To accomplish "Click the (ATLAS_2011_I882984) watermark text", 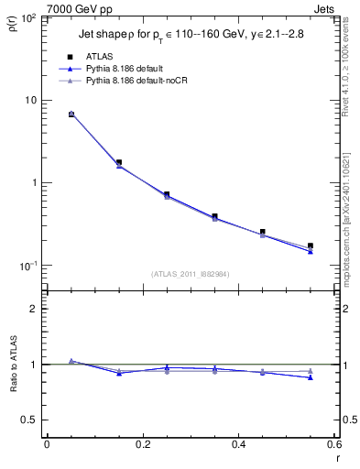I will tap(190, 274).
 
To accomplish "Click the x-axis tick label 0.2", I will tap(143, 444).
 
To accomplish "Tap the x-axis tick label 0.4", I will tap(238, 444).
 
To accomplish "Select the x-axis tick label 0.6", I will tap(333, 444).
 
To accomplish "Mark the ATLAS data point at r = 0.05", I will tap(71, 115).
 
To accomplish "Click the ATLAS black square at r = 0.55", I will tap(311, 245).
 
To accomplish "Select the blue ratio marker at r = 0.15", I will tap(119, 373).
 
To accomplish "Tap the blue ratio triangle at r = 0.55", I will tap(311, 377).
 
